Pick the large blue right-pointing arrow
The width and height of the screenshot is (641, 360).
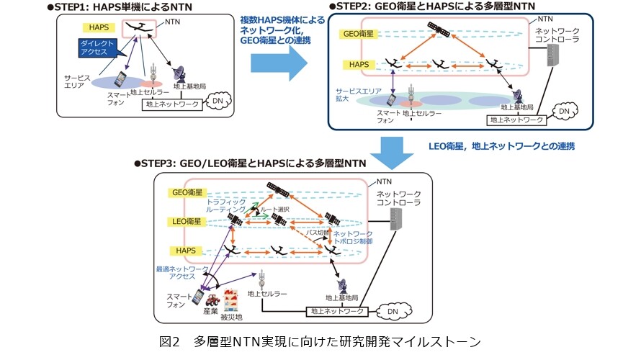tap(279, 66)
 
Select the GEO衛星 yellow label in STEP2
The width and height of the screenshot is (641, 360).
tap(358, 33)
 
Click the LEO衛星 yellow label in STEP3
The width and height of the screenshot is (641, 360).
tap(187, 220)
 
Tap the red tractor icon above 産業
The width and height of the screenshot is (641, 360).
tap(212, 301)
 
